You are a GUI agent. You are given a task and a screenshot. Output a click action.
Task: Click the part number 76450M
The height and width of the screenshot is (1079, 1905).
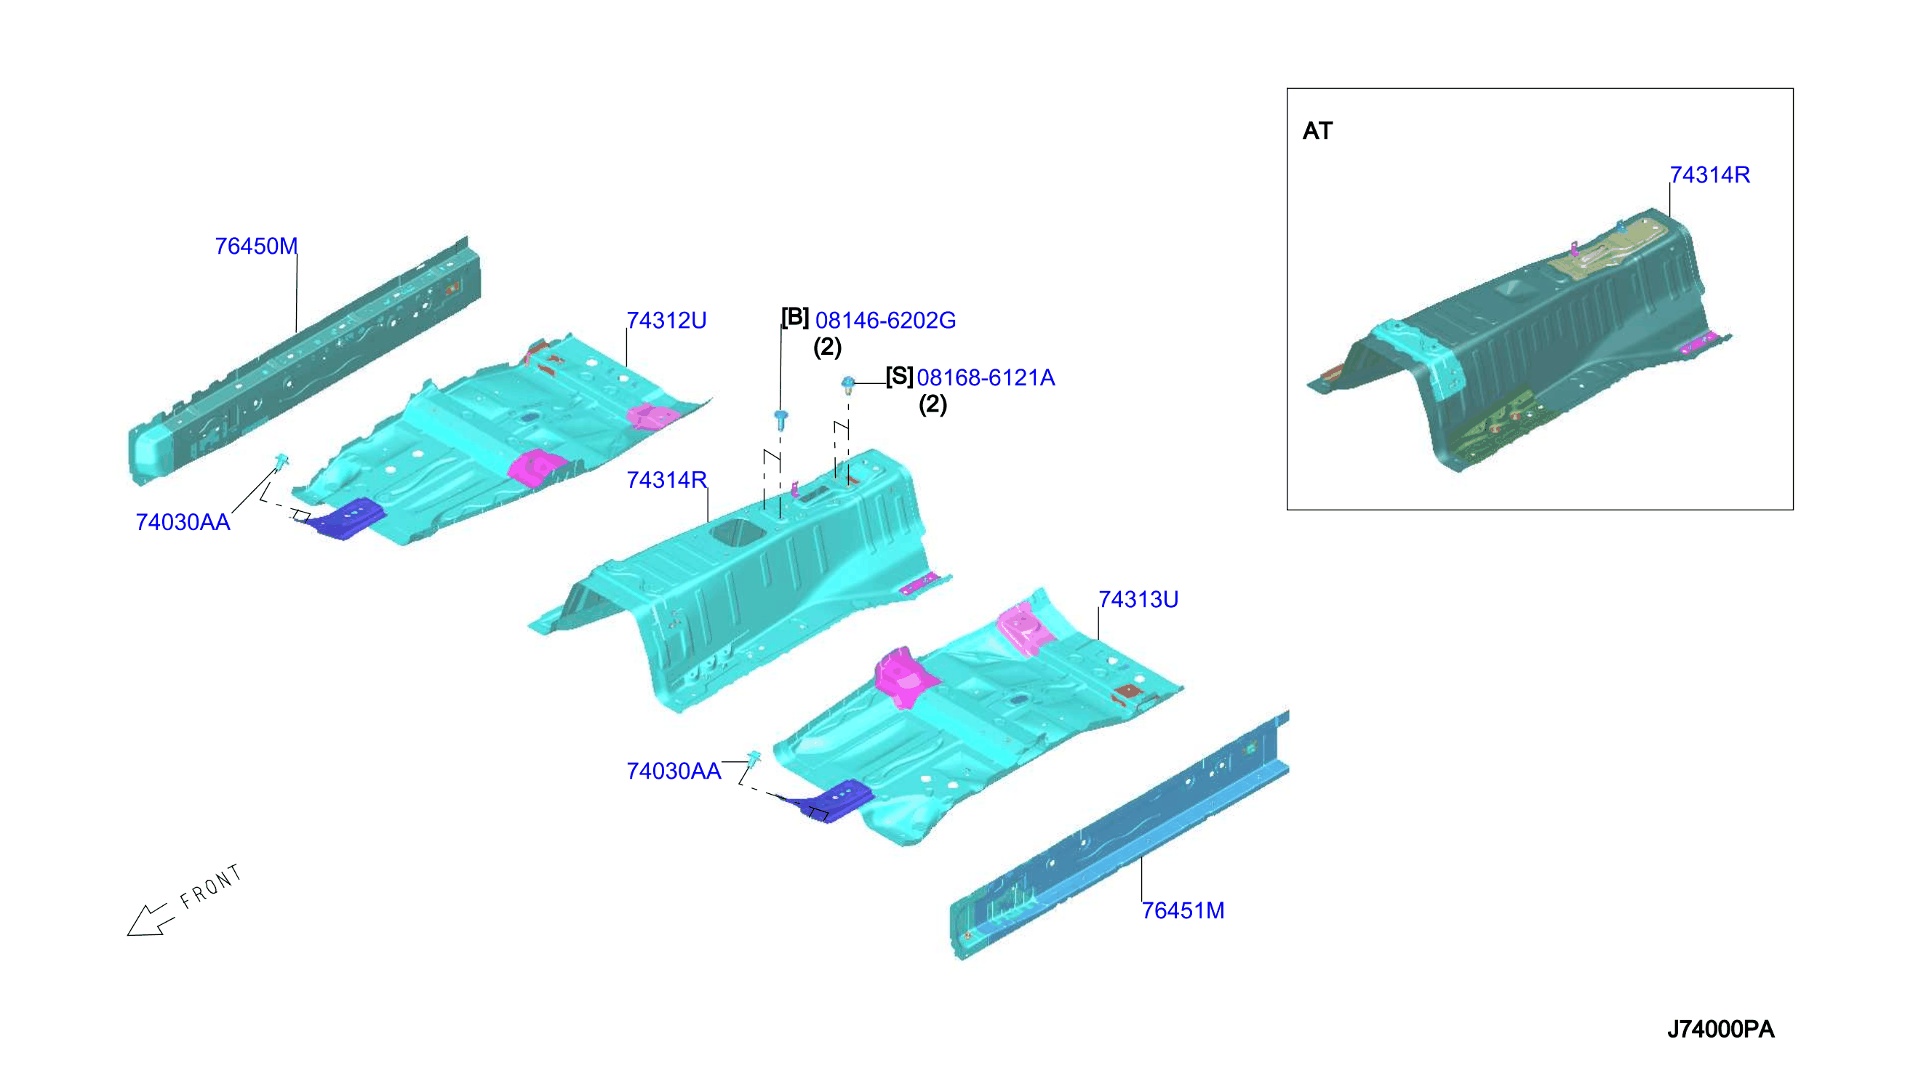(x=256, y=246)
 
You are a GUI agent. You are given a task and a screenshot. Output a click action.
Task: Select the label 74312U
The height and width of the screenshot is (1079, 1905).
(x=666, y=320)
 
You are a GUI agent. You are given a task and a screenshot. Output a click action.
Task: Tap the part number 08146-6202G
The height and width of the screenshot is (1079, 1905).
(x=885, y=320)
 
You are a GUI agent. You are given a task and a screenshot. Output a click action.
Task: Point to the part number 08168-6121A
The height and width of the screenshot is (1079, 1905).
(x=985, y=378)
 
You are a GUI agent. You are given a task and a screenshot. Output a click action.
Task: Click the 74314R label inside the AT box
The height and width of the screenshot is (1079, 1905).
(x=1709, y=175)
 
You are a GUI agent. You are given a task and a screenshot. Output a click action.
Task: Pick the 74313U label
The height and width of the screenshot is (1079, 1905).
(x=1138, y=600)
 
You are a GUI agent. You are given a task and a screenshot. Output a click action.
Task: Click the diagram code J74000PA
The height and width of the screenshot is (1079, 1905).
(x=1720, y=1030)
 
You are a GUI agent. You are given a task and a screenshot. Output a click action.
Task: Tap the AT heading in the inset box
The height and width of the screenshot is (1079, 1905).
(x=1317, y=131)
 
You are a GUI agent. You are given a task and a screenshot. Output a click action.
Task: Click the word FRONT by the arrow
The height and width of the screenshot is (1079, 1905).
(x=211, y=886)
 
